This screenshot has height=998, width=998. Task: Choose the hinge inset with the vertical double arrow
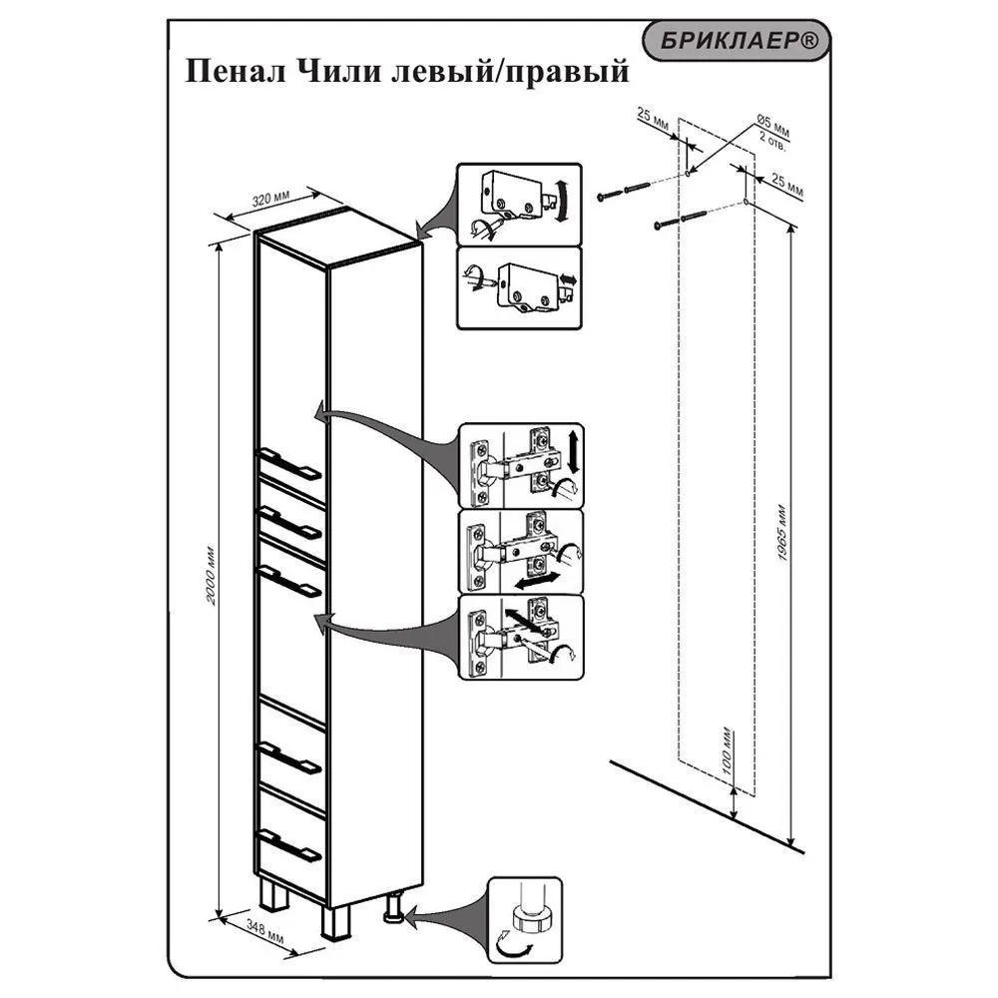520,465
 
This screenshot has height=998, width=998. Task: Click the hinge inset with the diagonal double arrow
520,638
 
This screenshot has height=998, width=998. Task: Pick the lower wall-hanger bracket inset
518,288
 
